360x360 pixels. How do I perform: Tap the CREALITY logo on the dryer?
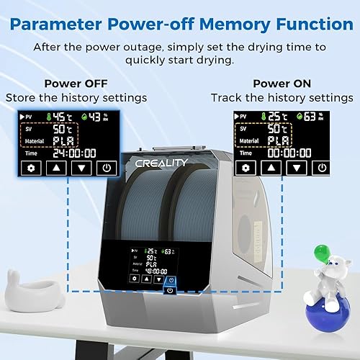click(161, 163)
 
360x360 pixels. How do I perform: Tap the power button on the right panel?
click(321, 168)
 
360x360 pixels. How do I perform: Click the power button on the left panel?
click(107, 168)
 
